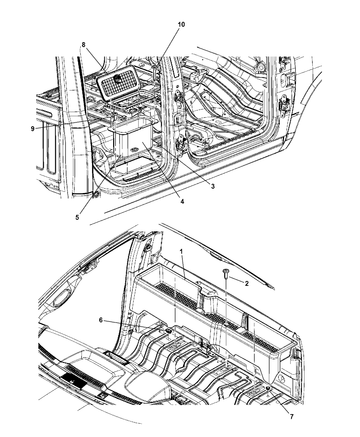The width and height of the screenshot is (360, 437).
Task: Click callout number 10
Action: tap(181, 24)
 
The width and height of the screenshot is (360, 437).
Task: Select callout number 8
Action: tap(84, 45)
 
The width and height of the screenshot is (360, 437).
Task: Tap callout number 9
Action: tap(33, 129)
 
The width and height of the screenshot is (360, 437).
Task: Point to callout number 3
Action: tap(213, 186)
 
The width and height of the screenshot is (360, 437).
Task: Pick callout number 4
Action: tap(182, 202)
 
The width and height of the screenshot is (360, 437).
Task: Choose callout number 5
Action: tap(77, 217)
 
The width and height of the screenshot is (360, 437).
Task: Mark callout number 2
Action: tap(247, 283)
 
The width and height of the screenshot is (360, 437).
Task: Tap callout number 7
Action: tap(292, 411)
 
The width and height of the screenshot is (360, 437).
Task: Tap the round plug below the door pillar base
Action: tap(97, 194)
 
